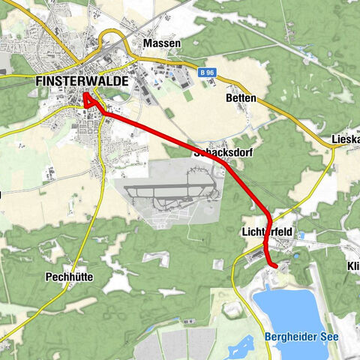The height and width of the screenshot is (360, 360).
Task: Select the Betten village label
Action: coord(240,98)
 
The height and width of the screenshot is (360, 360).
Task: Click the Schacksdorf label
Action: coord(223,152)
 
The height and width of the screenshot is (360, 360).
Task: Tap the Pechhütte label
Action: coord(67,276)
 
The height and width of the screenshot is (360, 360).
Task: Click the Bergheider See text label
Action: coord(301,337)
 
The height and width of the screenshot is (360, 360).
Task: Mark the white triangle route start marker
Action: coord(87,97)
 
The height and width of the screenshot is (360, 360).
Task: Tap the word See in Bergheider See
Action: coord(328,337)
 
